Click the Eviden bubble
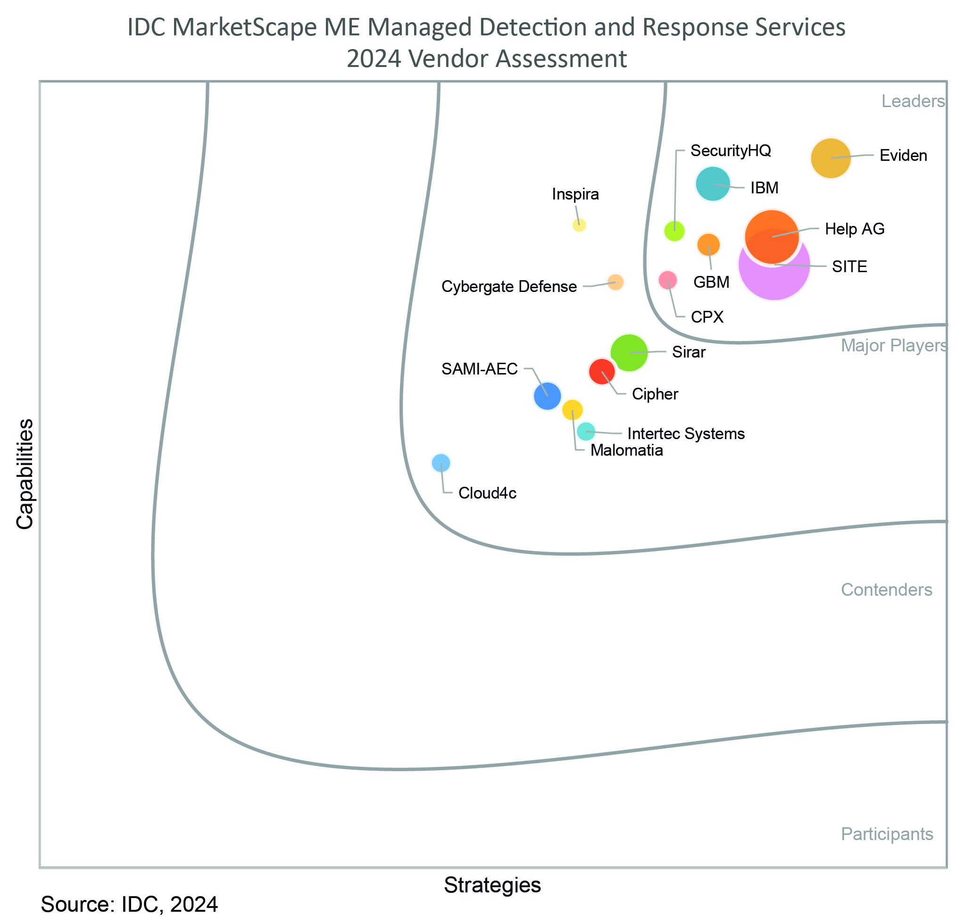pyautogui.click(x=831, y=158)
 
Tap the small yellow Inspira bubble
pyautogui.click(x=580, y=225)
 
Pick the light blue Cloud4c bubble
pyautogui.click(x=441, y=463)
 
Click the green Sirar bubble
pyautogui.click(x=629, y=352)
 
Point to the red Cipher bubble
pyautogui.click(x=602, y=371)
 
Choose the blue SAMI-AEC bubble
pyautogui.click(x=548, y=396)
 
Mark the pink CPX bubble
pyautogui.click(x=667, y=280)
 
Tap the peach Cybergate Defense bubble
pyautogui.click(x=616, y=282)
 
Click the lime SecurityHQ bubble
pyautogui.click(x=674, y=230)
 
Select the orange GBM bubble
pyautogui.click(x=708, y=244)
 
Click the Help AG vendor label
pyautogui.click(x=855, y=229)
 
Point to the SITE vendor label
pyautogui.click(x=849, y=267)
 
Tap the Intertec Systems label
pyautogui.click(x=686, y=433)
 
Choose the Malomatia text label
pyautogui.click(x=627, y=450)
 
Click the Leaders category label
pyautogui.click(x=913, y=101)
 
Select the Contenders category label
pyautogui.click(x=887, y=590)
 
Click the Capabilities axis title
pyautogui.click(x=25, y=474)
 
